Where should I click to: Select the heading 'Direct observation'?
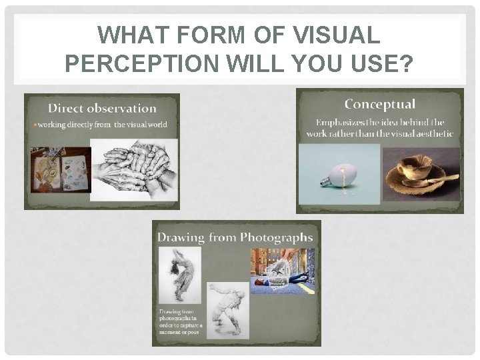click(x=102, y=108)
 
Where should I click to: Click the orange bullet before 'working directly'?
click(x=34, y=125)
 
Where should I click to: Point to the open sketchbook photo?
click(x=60, y=169)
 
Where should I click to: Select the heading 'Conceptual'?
click(x=379, y=104)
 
